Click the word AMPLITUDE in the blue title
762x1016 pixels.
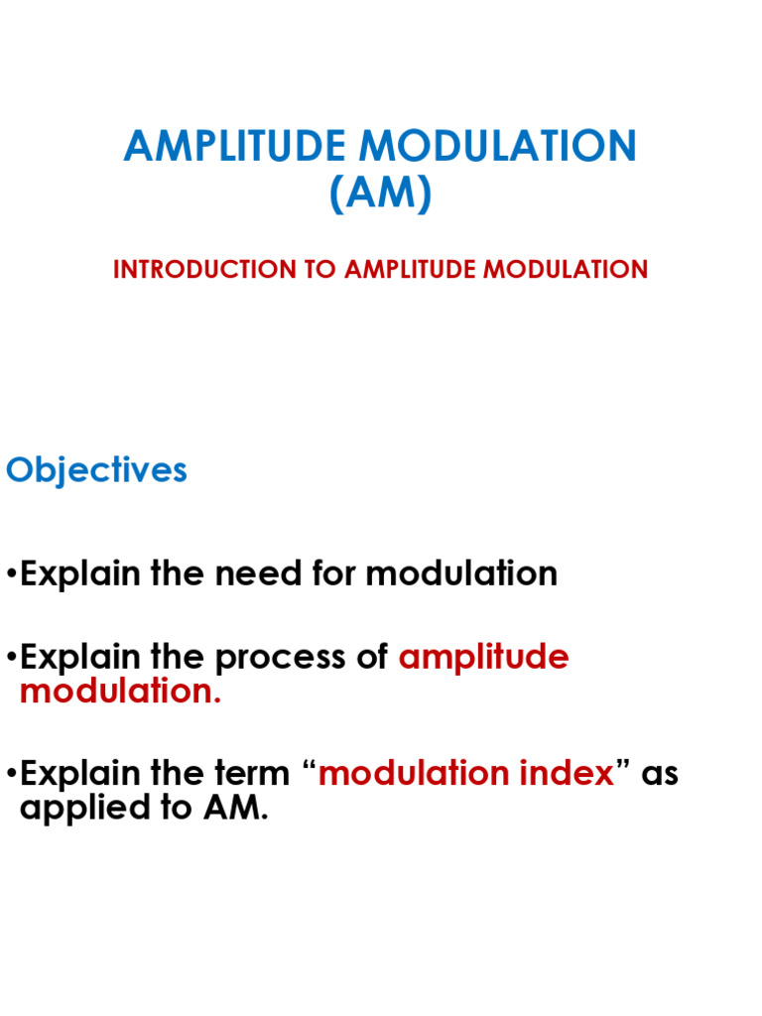pos(236,147)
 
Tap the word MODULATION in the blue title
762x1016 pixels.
pos(495,147)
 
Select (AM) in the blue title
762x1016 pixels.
pos(381,192)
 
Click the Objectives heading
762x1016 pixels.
pos(96,470)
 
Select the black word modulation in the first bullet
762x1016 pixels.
pos(461,573)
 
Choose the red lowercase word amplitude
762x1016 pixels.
pos(483,657)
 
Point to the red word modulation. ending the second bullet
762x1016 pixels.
pos(120,692)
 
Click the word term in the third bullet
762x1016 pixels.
pos(248,773)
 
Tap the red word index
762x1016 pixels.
pos(572,773)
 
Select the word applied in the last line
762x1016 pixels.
pos(76,808)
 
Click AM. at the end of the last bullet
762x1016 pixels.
pos(236,808)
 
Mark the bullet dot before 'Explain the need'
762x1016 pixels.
pos(11,574)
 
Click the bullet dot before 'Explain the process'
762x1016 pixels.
pos(11,658)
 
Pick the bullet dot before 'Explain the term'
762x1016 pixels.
pos(11,774)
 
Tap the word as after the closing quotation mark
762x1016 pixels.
pos(660,773)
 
